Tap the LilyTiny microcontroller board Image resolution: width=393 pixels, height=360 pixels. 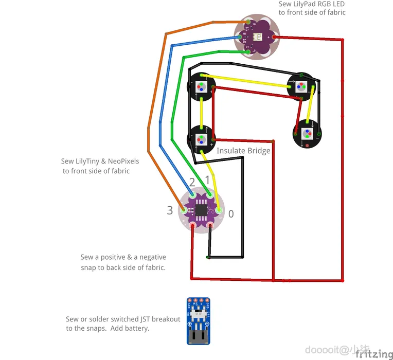(200, 210)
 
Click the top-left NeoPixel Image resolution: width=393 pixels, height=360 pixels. (201, 86)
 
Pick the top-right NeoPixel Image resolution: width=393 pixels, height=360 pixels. (300, 86)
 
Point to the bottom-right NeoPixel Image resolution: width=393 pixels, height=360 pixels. (307, 134)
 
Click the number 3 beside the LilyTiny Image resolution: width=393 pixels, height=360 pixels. (170, 210)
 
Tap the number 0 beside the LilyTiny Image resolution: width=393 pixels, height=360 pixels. (231, 213)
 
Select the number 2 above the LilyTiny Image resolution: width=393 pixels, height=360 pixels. (192, 182)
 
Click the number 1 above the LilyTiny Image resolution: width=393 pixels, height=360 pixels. (207, 180)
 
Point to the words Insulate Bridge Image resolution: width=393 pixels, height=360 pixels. (243, 151)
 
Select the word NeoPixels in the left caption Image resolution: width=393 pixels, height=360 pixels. (123, 161)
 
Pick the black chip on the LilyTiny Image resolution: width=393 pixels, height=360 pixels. (200, 210)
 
